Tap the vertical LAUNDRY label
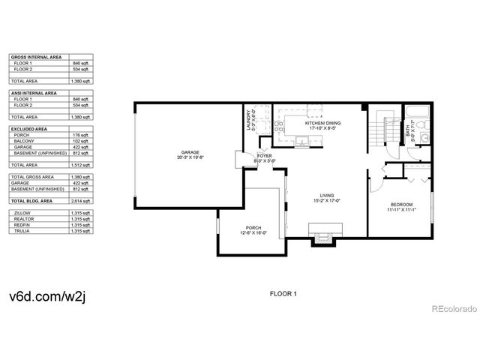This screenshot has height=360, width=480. pyautogui.click(x=248, y=121)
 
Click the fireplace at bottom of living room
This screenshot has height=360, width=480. pyautogui.click(x=323, y=238)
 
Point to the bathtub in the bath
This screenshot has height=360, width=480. pyautogui.click(x=416, y=117)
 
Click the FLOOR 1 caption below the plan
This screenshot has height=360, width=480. pyautogui.click(x=283, y=294)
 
